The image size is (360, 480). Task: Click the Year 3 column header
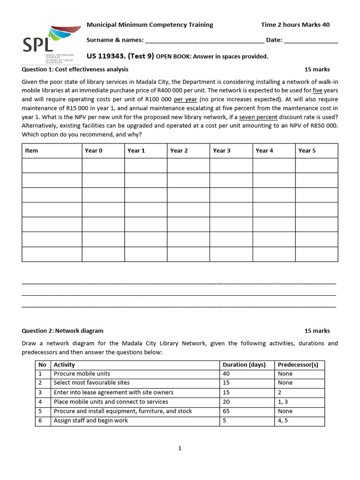click(x=222, y=150)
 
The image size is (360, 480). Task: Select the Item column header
click(x=32, y=150)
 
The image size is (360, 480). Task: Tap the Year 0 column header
click(x=94, y=150)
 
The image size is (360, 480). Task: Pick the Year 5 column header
click(x=307, y=150)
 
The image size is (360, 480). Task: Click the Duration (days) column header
click(x=244, y=365)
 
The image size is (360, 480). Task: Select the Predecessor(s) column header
click(x=298, y=365)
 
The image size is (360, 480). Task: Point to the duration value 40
click(x=227, y=374)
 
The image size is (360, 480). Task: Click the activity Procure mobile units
click(x=82, y=374)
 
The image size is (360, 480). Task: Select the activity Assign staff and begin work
click(x=91, y=420)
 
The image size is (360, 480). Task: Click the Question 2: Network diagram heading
click(x=63, y=330)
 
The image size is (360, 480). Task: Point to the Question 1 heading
click(x=75, y=69)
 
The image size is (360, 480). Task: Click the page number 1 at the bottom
click(x=180, y=448)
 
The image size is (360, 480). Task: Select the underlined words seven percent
click(x=258, y=117)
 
